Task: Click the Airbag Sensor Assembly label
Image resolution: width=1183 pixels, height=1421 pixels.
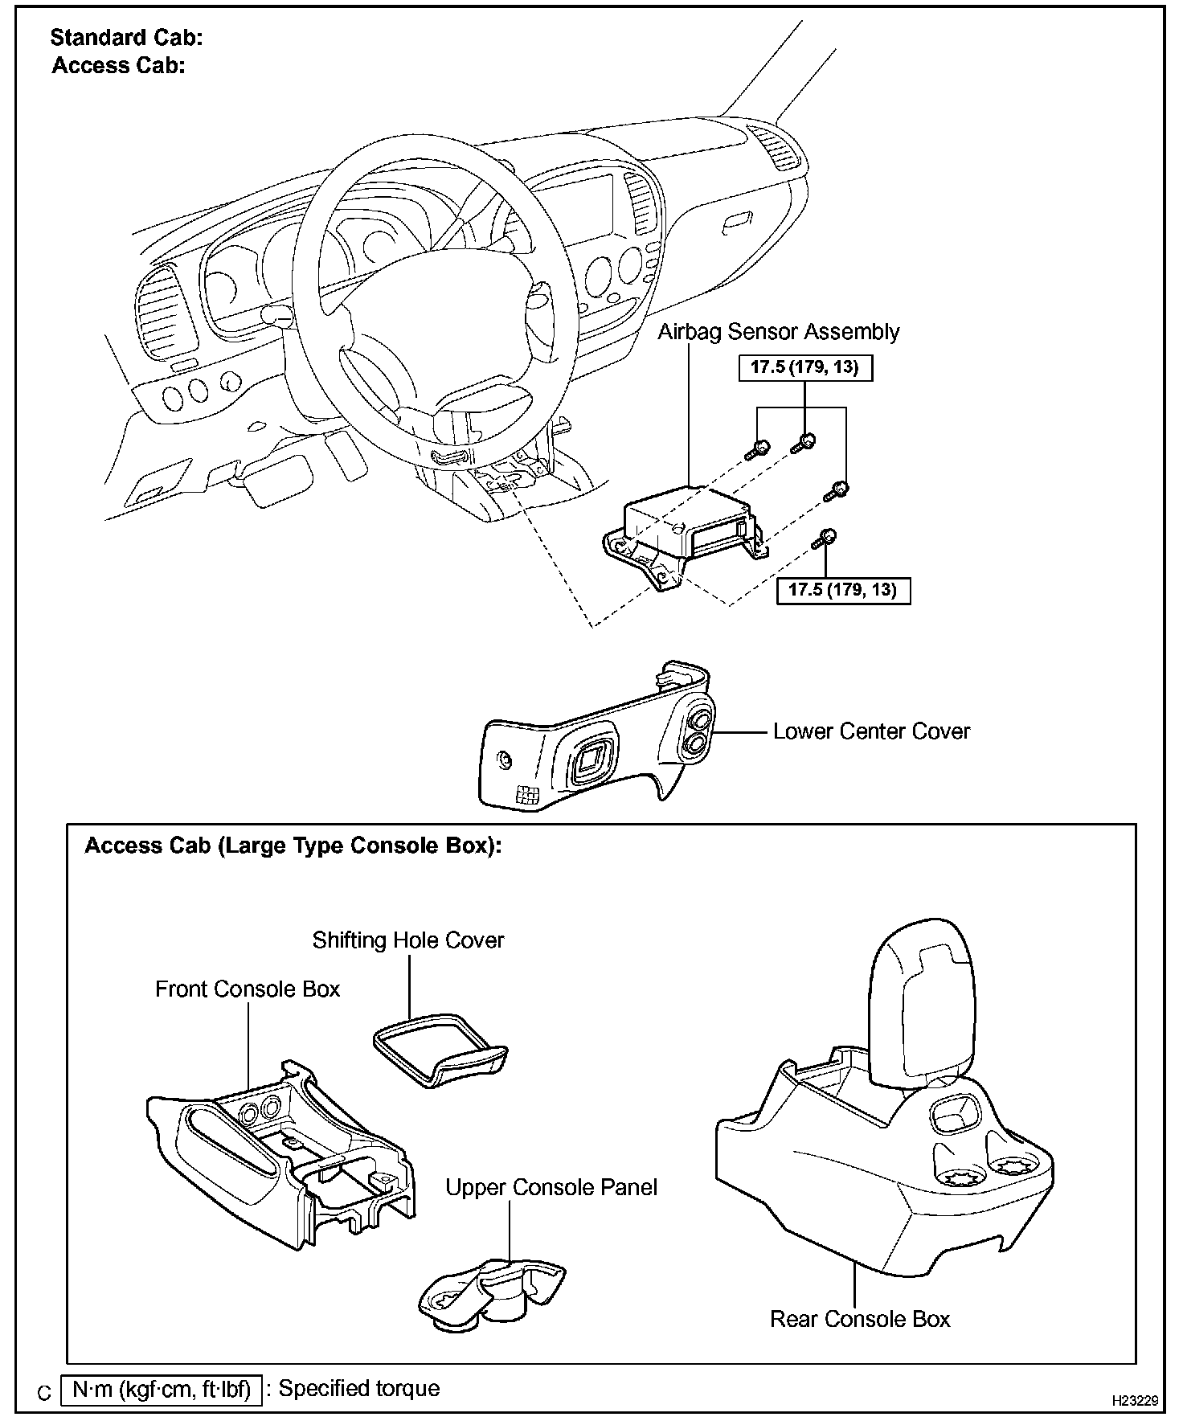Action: pos(778,332)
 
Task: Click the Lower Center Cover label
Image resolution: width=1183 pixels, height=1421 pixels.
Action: pos(871,731)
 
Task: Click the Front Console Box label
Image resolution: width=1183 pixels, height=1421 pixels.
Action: pos(248,989)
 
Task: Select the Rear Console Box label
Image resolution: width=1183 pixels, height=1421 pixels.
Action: pos(859,1319)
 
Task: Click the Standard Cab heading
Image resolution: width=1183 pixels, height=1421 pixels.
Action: pos(126,37)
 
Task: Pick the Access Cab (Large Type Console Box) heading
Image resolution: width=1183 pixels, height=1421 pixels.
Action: pos(293,846)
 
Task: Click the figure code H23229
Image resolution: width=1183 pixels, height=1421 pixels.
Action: pos(1135,1400)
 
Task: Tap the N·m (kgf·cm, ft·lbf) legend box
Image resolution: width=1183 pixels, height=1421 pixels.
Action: pos(161,1389)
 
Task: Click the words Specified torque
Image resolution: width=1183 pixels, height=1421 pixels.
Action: pos(359,1389)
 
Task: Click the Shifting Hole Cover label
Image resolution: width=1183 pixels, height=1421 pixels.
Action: pos(408,940)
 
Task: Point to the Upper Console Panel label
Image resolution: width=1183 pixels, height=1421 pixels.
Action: pos(551,1188)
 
